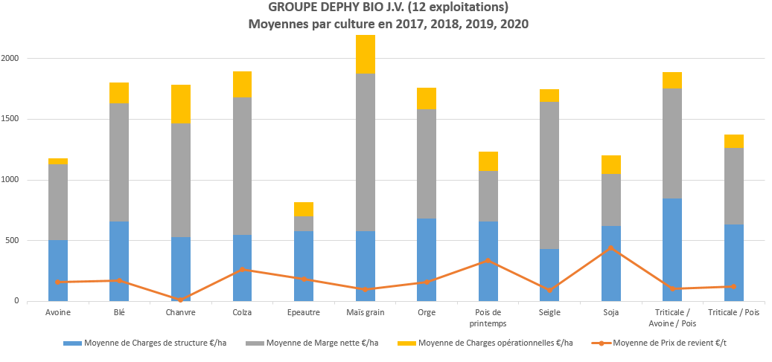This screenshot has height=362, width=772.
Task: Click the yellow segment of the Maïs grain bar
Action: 365,54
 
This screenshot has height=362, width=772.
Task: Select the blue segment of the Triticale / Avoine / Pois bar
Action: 672,249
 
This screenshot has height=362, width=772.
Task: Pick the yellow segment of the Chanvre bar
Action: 180,104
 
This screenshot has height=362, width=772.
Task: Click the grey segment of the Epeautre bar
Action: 303,224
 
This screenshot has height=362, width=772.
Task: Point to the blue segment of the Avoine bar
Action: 57,271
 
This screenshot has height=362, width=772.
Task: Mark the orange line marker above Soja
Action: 610,248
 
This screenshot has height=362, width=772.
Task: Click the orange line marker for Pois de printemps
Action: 488,260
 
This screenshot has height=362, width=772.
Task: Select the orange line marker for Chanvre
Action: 180,300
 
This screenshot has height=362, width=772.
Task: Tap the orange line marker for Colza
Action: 242,269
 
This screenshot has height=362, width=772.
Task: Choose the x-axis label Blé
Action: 119,312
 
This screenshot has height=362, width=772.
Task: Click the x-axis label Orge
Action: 427,312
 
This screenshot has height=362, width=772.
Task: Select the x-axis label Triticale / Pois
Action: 734,312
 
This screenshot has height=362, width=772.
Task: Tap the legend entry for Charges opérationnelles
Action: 495,343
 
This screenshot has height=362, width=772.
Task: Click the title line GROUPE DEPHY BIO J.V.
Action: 388,8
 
